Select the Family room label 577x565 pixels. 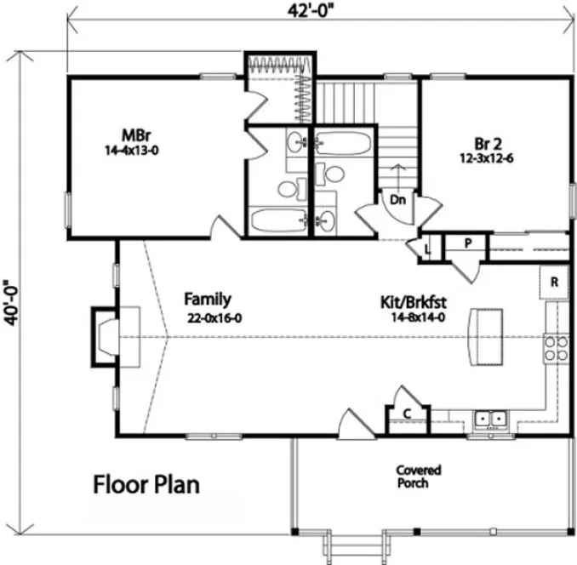208,299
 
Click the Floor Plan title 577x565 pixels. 146,485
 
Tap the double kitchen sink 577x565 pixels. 489,419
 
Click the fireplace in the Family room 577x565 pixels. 108,335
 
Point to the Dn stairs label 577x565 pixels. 397,199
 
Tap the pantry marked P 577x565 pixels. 468,243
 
